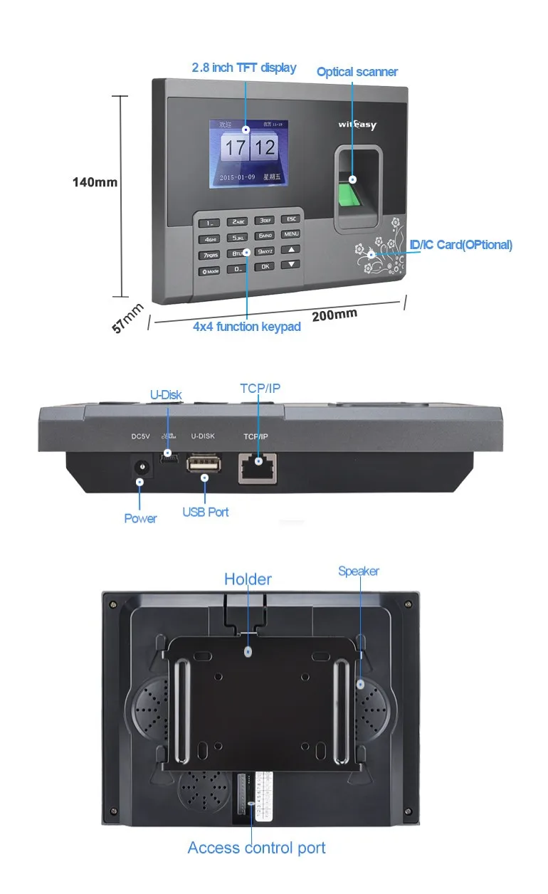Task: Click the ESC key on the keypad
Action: (x=291, y=220)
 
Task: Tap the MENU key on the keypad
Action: (x=290, y=234)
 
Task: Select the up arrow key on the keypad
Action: (x=290, y=250)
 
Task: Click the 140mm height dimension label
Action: (x=95, y=182)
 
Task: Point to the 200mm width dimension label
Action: (x=334, y=314)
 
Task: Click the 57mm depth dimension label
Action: (x=128, y=318)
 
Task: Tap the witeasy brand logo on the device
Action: (x=357, y=125)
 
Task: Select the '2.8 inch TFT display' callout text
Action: (x=244, y=68)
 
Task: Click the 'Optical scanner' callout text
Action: (x=357, y=72)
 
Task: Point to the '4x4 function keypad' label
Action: (x=247, y=327)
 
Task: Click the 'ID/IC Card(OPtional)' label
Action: (x=460, y=245)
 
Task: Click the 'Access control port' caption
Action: (x=256, y=848)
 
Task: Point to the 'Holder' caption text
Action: (x=248, y=579)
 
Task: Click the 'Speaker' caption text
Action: (x=359, y=571)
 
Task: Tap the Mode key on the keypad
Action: (x=210, y=271)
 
